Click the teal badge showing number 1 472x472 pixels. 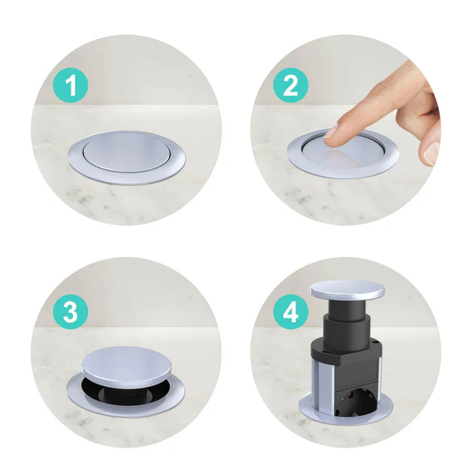[x=71, y=86]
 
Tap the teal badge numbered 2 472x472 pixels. [x=291, y=86]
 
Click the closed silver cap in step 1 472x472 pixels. [x=126, y=149]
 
